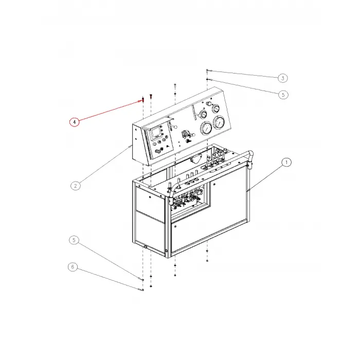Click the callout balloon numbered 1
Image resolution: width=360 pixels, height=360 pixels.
286,162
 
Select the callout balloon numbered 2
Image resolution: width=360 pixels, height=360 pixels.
76,186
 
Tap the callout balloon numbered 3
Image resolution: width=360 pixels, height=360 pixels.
282,78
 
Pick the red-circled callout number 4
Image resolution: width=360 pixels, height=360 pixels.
75,122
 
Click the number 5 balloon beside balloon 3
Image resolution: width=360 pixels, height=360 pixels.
282,95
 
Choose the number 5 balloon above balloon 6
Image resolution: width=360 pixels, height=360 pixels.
75,240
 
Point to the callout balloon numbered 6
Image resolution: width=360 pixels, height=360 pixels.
73,267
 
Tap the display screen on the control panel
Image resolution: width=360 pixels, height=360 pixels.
156,135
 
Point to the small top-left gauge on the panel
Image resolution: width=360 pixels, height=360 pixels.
202,113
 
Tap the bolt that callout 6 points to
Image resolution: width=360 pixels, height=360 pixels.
140,289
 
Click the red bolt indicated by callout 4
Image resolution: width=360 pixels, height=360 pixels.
142,98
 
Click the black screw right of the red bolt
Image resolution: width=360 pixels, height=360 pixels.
151,96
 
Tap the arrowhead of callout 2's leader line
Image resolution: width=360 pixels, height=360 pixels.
132,146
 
